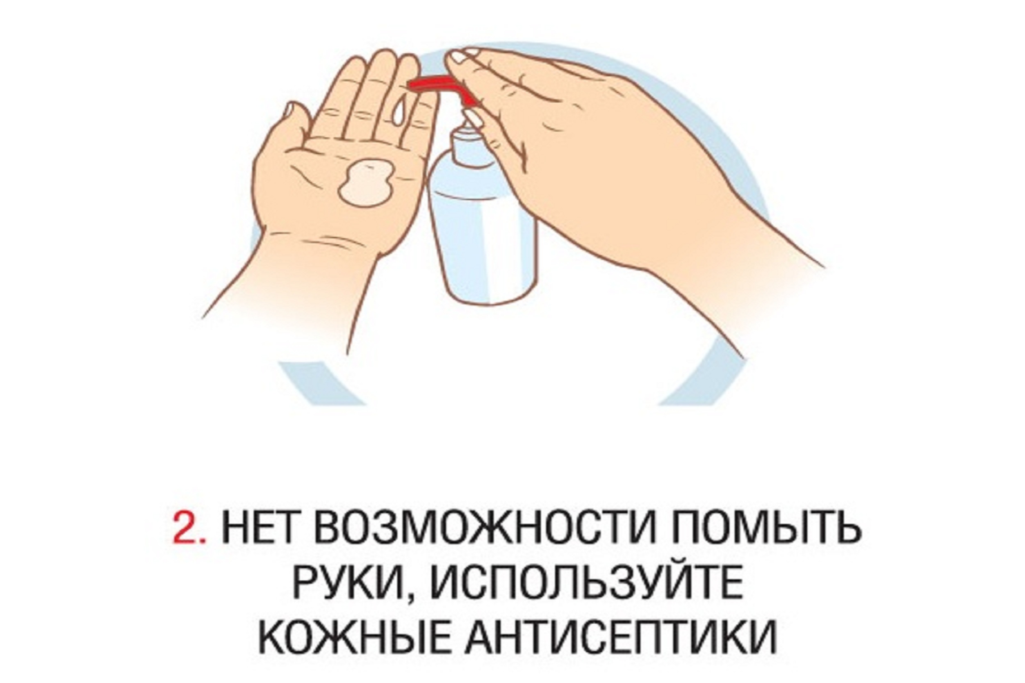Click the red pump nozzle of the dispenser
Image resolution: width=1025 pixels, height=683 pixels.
[x=440, y=88]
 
